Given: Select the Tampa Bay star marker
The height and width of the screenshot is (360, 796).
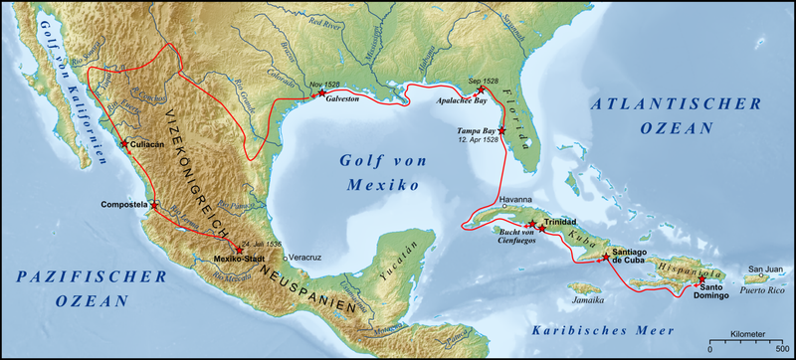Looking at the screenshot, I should (x=501, y=130).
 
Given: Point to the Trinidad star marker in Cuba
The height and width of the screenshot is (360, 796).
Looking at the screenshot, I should (x=533, y=222).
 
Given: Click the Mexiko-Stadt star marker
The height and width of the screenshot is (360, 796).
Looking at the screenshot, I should (x=240, y=251).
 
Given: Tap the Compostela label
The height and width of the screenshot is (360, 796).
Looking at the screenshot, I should (x=124, y=204).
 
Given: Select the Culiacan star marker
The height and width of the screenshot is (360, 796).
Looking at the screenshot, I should (x=124, y=144).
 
